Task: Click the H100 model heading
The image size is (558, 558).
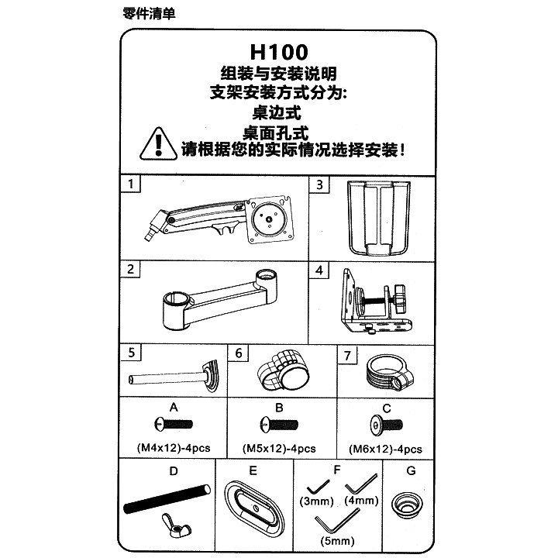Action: (x=279, y=52)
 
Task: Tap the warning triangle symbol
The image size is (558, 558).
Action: (x=158, y=144)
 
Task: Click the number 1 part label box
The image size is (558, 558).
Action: (x=131, y=184)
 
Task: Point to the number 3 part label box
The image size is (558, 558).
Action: (x=319, y=184)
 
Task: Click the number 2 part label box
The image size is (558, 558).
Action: (x=130, y=269)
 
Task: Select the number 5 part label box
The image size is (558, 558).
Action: (x=131, y=353)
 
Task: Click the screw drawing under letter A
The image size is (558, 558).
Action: (x=174, y=424)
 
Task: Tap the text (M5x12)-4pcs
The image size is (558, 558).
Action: (x=279, y=449)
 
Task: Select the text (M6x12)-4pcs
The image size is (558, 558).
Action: (x=385, y=449)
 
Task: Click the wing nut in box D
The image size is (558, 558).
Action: (x=176, y=525)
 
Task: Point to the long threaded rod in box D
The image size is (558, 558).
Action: (x=167, y=498)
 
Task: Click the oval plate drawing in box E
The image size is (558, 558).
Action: (x=254, y=506)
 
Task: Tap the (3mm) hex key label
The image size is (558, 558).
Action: (x=316, y=501)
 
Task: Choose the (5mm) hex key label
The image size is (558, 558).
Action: (x=337, y=541)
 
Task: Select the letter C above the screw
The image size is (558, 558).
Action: (x=387, y=408)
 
